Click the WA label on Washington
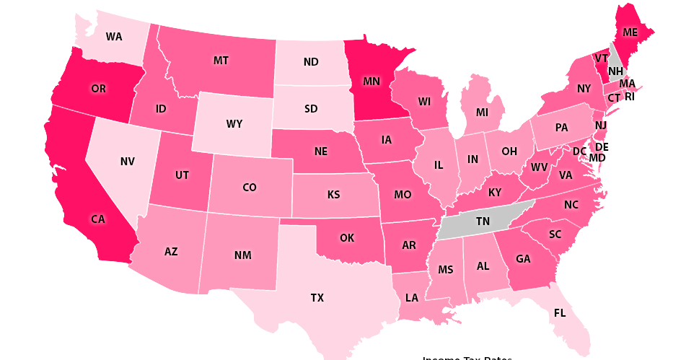point(114,36)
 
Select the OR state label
point(99,89)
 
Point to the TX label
point(317,297)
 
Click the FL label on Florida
point(560,313)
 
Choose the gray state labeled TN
point(483,223)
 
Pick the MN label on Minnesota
point(371,82)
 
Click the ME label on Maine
point(630,32)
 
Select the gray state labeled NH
point(615,71)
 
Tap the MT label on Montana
point(221,61)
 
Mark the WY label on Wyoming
point(234,123)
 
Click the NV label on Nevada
point(128,162)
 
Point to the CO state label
point(250,187)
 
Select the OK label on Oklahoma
point(347,237)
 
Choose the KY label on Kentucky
point(494,193)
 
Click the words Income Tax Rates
point(467,358)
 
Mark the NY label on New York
point(584,89)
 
